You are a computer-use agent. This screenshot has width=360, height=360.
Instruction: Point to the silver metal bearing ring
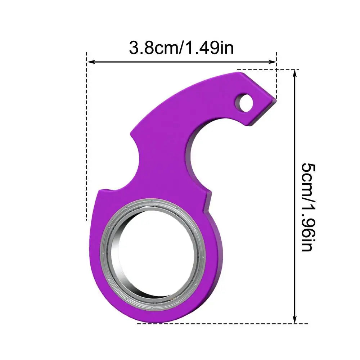tap(108, 252)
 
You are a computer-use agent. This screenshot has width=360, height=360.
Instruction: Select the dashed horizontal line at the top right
tap(266, 69)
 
